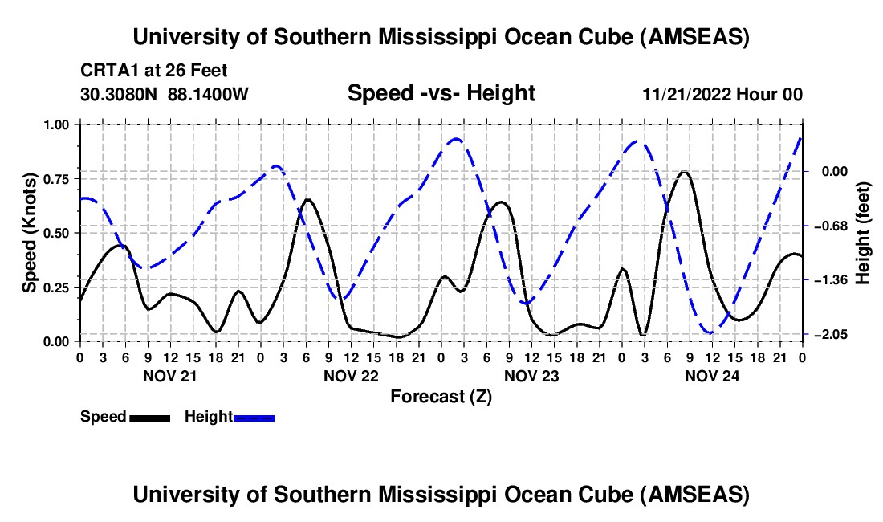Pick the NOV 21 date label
[x=169, y=375]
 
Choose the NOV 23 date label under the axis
[x=531, y=375]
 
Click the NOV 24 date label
[x=711, y=375]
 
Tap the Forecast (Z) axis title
[x=441, y=396]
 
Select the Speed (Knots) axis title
[x=30, y=233]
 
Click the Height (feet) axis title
[x=864, y=233]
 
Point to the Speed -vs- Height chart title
[x=441, y=93]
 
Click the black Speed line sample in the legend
[x=149, y=418]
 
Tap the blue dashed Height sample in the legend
[x=254, y=418]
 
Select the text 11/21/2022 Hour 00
[x=722, y=94]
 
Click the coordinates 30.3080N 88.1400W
[x=165, y=94]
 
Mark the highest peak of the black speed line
[x=684, y=172]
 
